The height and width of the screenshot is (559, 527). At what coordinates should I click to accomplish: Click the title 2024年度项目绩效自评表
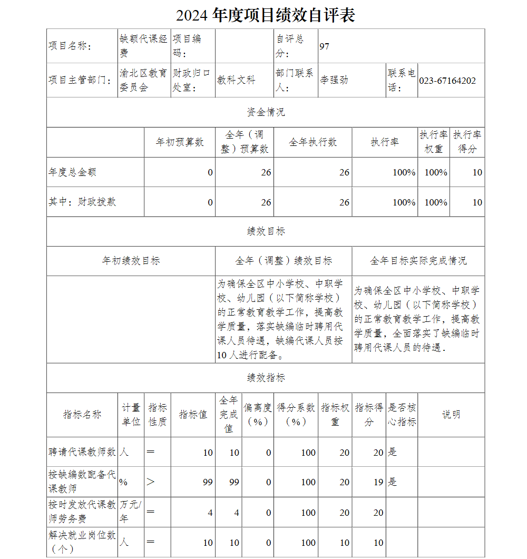[265, 15]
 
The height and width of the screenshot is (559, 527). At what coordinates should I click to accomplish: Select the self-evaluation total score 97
[324, 46]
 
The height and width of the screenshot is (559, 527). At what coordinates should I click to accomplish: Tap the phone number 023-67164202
[447, 81]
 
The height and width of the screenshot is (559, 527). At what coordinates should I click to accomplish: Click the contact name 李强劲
[334, 80]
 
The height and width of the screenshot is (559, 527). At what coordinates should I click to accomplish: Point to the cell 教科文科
[236, 80]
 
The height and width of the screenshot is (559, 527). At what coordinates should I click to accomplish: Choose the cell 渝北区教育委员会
[143, 80]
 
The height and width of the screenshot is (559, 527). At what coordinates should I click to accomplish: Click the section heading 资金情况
[266, 112]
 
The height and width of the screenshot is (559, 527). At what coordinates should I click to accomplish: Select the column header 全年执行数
[313, 142]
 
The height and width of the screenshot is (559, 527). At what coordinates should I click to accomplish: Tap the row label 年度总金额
[73, 172]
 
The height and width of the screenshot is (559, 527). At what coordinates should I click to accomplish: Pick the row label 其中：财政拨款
[82, 202]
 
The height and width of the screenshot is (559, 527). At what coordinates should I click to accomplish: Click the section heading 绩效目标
[266, 231]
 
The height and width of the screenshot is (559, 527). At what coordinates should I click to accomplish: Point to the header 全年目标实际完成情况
[418, 261]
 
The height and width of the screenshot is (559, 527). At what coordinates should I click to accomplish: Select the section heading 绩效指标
[266, 378]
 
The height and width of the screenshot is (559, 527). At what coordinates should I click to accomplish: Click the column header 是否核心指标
[402, 415]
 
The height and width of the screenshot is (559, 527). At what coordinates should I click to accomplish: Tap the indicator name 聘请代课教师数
[82, 452]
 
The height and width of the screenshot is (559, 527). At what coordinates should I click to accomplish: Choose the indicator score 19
[378, 482]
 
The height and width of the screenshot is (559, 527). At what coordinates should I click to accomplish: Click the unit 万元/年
[130, 511]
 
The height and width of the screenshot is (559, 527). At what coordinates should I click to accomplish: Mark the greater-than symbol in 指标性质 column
[151, 482]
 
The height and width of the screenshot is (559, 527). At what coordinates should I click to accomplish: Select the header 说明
[451, 415]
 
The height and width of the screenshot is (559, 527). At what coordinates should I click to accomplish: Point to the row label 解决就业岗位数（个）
[82, 542]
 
